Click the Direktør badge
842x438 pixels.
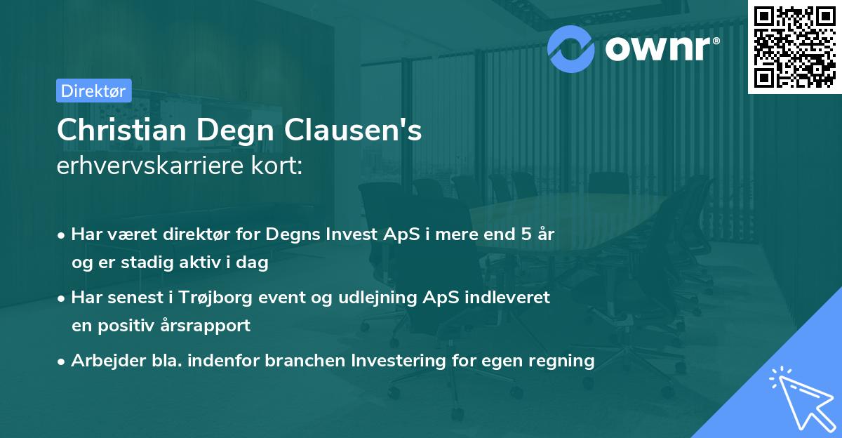[x=93, y=91]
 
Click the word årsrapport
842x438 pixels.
[x=210, y=326]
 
